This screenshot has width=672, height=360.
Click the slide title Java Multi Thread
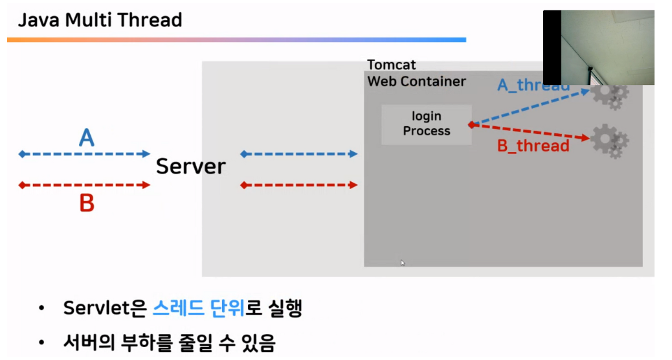[100, 20]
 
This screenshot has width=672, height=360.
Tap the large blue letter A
[86, 137]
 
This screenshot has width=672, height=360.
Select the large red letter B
[86, 204]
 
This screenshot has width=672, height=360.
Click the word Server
[191, 166]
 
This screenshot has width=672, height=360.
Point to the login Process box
[426, 124]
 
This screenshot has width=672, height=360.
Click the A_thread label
[532, 85]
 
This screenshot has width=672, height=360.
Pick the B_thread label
[533, 146]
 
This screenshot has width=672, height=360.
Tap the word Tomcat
[392, 65]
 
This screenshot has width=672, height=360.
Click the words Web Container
[416, 82]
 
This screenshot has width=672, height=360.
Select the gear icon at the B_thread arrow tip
[609, 140]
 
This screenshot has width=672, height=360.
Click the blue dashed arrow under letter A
[85, 154]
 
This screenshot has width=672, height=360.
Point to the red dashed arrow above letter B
[85, 185]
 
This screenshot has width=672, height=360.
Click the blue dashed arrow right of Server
[298, 154]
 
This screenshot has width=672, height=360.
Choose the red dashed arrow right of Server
[298, 185]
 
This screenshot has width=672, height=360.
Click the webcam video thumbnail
[598, 47]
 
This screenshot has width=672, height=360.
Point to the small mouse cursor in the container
[402, 263]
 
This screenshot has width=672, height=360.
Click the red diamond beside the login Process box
[471, 124]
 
